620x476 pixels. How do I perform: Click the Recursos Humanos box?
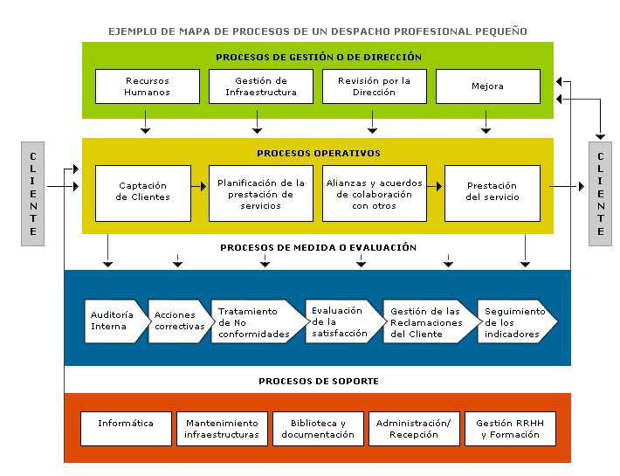click(148, 86)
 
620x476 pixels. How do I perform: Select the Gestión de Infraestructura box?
click(261, 86)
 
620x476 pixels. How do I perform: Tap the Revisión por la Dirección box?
click(375, 86)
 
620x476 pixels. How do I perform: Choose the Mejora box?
click(488, 86)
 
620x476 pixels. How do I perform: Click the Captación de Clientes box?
click(143, 193)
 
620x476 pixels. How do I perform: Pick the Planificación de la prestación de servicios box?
click(261, 193)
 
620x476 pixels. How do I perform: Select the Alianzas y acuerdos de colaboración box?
click(375, 193)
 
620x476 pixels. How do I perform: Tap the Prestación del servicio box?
click(493, 193)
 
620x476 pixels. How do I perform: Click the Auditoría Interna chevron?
click(117, 321)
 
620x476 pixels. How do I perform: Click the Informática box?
click(126, 429)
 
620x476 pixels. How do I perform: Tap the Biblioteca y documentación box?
click(318, 429)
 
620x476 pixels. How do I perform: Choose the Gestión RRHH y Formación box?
click(510, 429)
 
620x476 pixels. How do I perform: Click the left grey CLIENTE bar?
click(33, 194)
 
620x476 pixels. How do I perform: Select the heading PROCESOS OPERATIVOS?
click(319, 154)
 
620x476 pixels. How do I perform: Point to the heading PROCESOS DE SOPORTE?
click(319, 382)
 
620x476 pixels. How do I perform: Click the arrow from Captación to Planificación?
click(199, 186)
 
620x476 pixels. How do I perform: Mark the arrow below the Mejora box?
click(486, 121)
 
